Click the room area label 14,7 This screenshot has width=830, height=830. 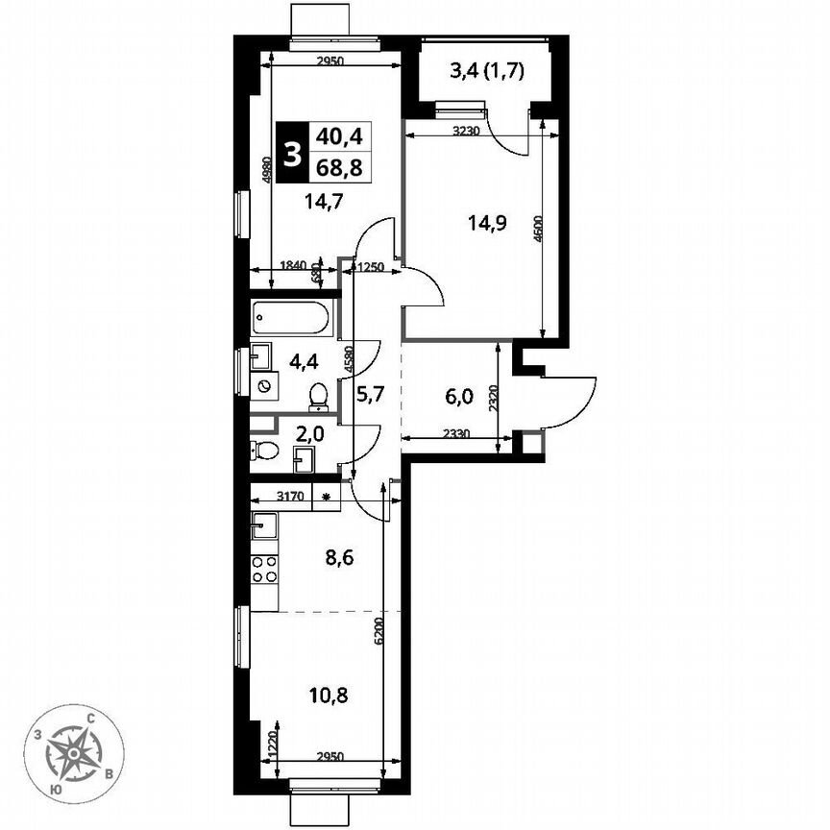297,202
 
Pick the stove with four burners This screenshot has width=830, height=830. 264,569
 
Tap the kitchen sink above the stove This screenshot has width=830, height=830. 264,525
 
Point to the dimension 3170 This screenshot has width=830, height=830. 291,497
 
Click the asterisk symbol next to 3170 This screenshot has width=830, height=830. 327,497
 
